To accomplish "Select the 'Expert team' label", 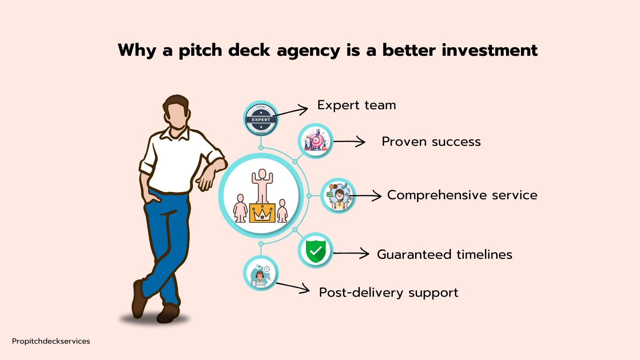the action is [357, 105].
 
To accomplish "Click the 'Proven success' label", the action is [431, 142].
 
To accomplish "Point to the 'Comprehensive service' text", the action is [462, 195].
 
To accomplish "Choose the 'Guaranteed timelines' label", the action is [445, 255].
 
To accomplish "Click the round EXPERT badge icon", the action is [261, 119].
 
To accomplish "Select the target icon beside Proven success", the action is [315, 141].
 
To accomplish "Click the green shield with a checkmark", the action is [315, 251].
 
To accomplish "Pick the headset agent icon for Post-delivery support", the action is [260, 274].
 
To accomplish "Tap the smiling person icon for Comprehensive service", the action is [338, 196].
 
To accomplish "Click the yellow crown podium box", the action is [262, 213].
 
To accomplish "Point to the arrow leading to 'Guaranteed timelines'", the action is [351, 253].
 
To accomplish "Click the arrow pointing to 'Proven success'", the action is [350, 142].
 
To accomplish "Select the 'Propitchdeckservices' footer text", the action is [51, 341].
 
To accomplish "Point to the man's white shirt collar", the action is [175, 133].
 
